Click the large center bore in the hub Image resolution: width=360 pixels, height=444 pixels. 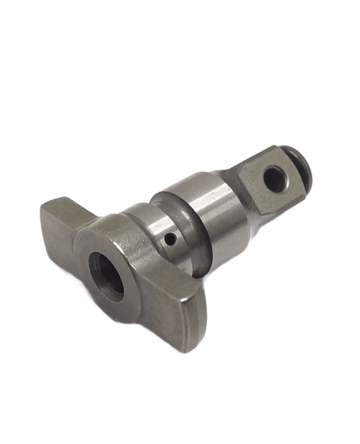pos(107,276)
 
